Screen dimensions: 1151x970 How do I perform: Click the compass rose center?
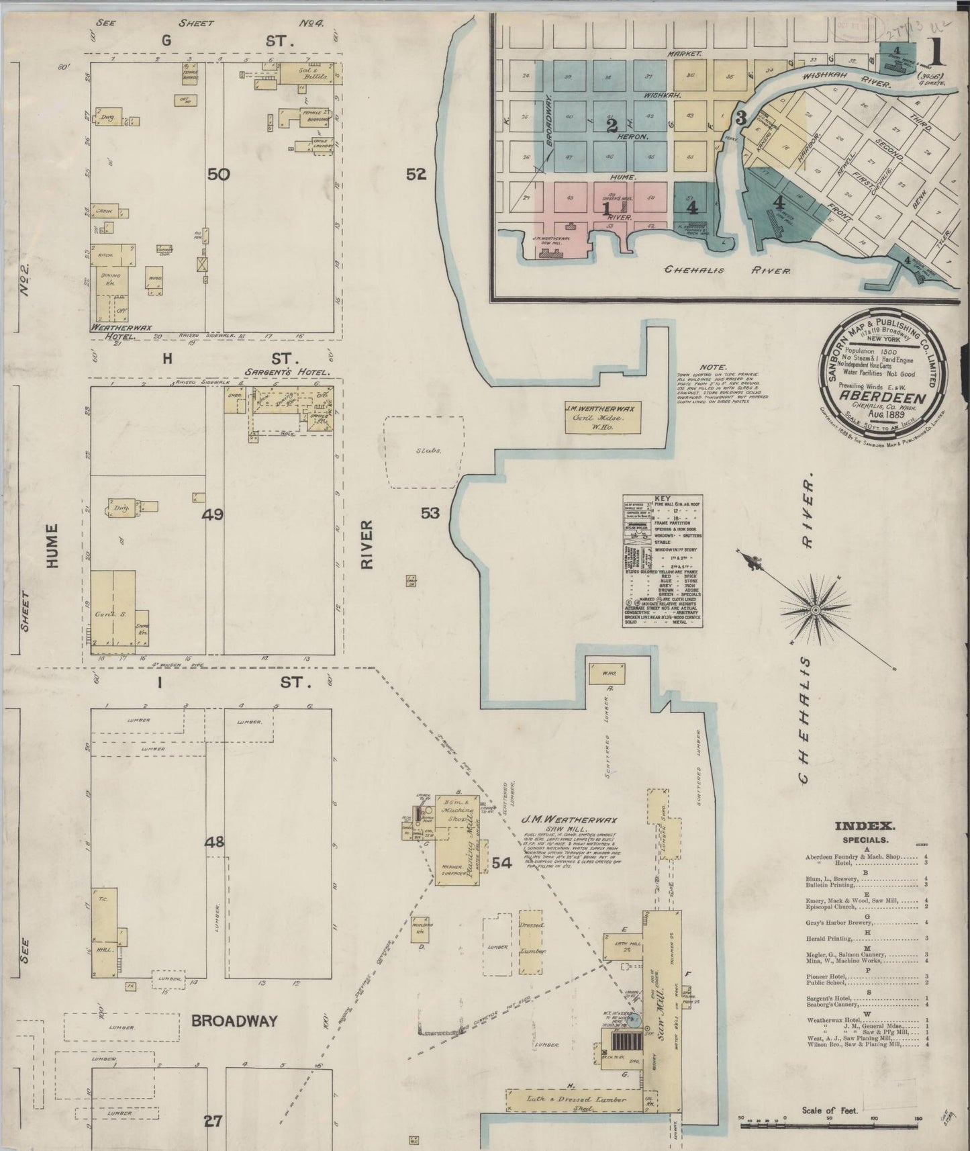click(x=815, y=609)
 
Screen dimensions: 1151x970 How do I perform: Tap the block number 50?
click(x=219, y=175)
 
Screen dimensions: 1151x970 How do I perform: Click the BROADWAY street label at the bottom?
click(x=234, y=1021)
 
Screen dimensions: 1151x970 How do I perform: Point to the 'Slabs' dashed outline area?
click(x=423, y=451)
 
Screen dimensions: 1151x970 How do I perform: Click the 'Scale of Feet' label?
click(x=830, y=1111)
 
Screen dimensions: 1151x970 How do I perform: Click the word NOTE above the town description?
click(x=712, y=367)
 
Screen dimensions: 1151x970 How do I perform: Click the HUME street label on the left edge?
click(x=52, y=546)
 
